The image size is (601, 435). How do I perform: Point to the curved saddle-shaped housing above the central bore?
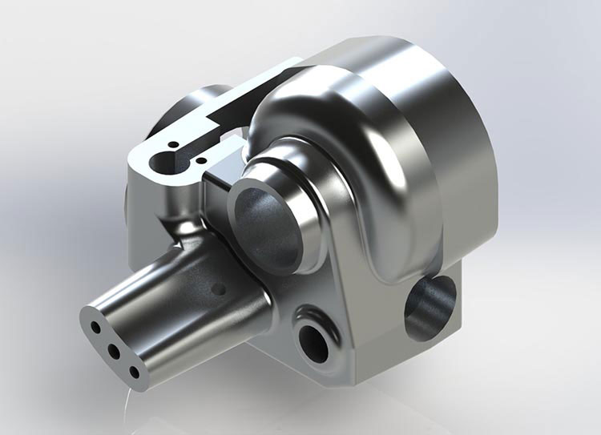click(x=337, y=136)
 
